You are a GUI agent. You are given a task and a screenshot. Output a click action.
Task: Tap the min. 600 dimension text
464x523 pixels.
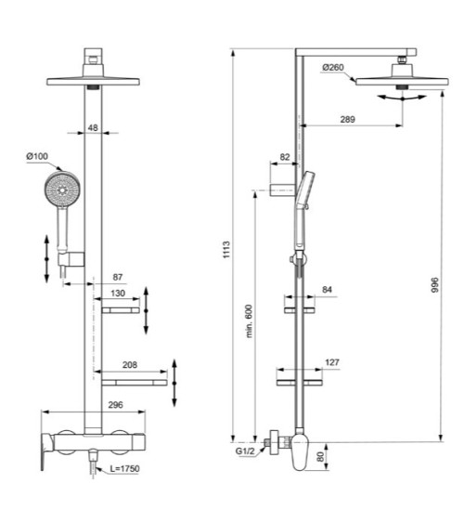tap(250, 320)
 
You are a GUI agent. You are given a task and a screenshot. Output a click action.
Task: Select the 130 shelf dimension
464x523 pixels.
tap(118, 294)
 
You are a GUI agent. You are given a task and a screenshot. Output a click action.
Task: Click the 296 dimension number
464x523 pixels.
tap(114, 406)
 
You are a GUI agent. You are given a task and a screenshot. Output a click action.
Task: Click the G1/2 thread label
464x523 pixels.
tap(247, 452)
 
